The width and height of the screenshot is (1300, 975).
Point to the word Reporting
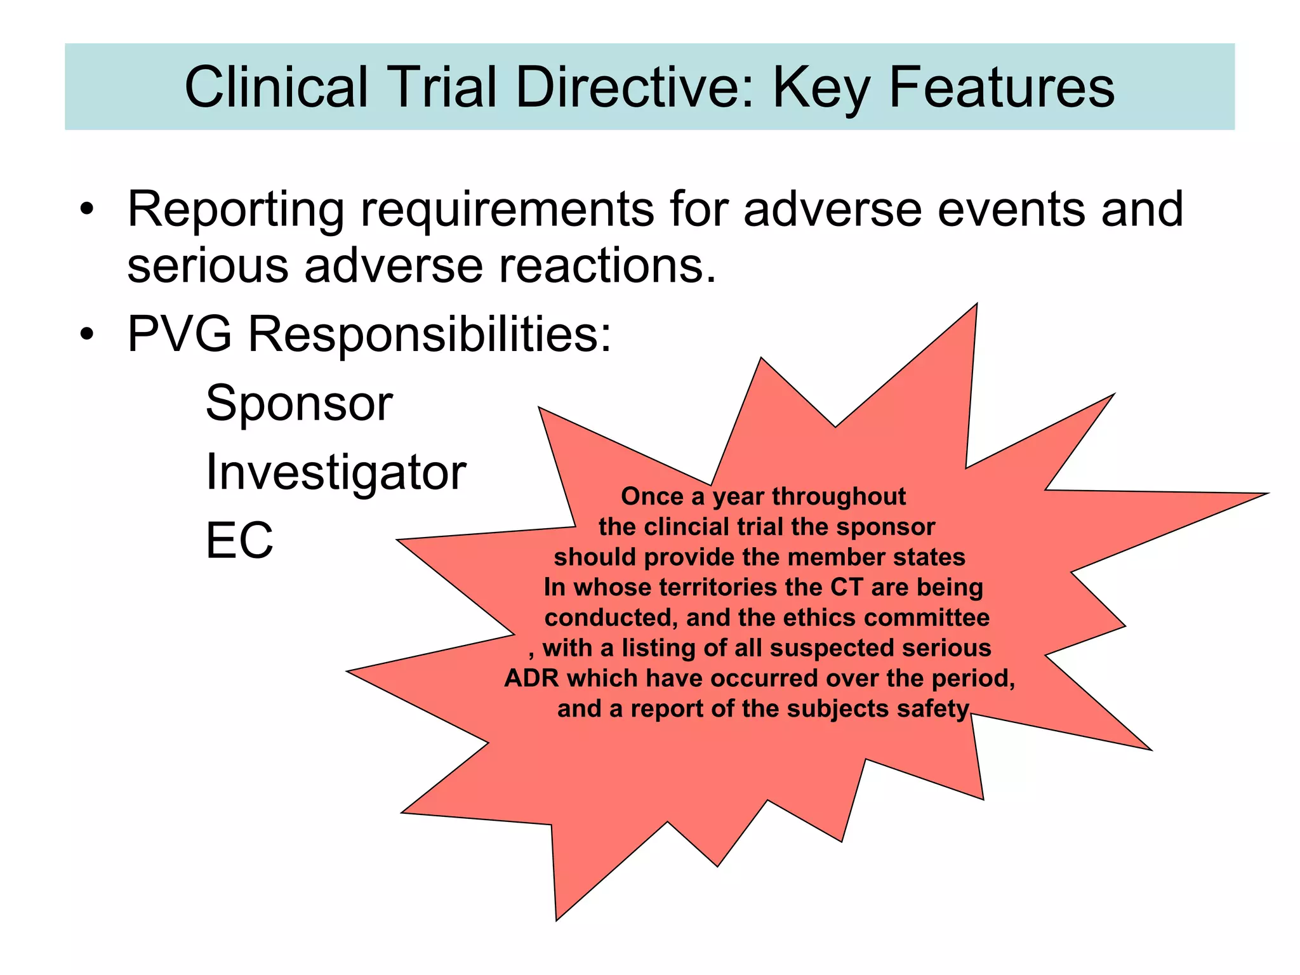point(235,209)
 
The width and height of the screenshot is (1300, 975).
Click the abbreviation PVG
point(179,334)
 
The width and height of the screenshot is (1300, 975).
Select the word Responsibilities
point(429,335)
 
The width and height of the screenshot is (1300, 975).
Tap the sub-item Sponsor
point(299,404)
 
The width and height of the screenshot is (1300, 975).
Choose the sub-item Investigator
point(336,473)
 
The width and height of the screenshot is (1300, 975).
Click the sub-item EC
point(239,541)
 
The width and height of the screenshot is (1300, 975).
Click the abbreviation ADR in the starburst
point(531,678)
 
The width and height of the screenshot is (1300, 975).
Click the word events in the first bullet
point(1011,209)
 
